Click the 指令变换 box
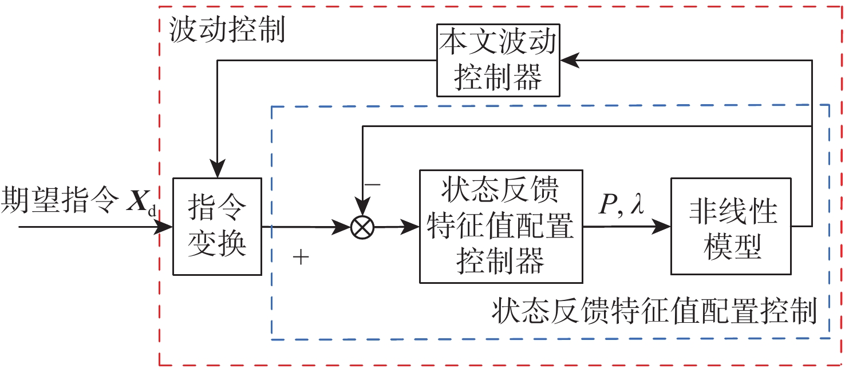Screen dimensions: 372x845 [x=217, y=227]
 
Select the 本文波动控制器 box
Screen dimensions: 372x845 [x=497, y=60]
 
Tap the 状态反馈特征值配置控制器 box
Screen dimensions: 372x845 [x=501, y=227]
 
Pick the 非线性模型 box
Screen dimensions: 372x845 [x=732, y=227]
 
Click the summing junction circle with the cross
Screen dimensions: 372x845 [x=362, y=228]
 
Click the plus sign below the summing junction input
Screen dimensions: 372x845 [x=301, y=258]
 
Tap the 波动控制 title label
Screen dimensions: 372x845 [x=227, y=32]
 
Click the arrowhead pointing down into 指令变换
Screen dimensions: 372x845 [x=218, y=171]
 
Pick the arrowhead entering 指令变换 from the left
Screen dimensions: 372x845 [x=165, y=227]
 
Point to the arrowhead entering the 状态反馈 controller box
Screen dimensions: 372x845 [x=412, y=227]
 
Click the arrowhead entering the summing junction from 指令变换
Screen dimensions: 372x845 [x=343, y=228]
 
